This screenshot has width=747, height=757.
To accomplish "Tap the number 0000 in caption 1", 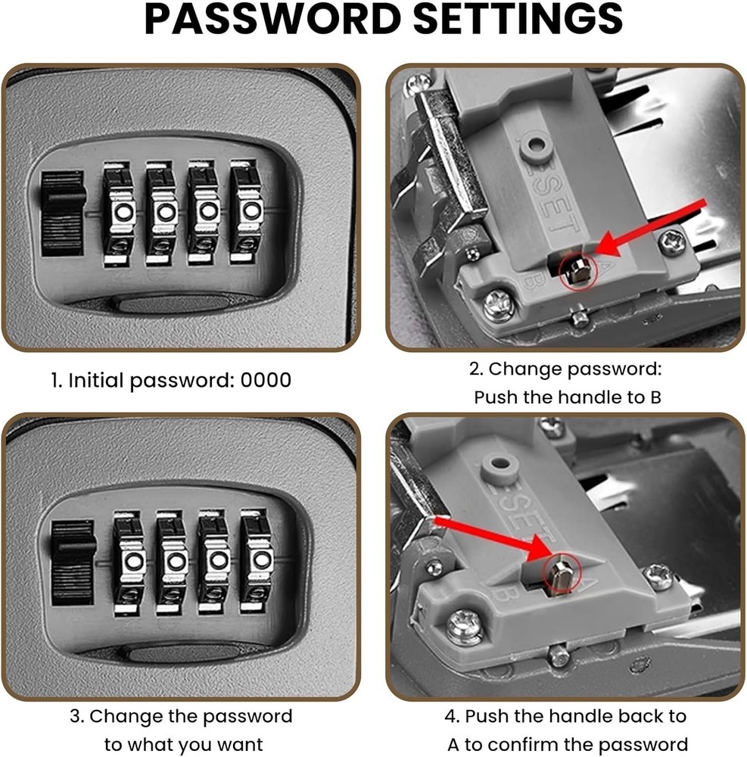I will click(265, 380).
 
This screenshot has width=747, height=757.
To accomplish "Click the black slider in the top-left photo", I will click(62, 213).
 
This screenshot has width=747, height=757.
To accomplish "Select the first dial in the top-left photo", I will click(118, 210).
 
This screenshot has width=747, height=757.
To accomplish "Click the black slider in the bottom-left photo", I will click(73, 562).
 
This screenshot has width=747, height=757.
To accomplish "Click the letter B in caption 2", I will click(655, 397).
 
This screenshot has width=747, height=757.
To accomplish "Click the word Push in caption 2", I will click(496, 397).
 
